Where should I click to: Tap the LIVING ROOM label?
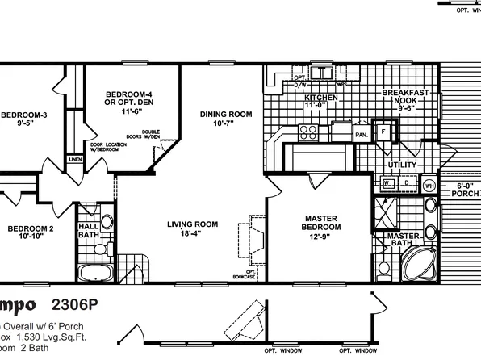point(193,224)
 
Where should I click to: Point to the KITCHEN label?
point(320,97)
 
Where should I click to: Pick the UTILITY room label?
point(401,165)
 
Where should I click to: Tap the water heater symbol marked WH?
point(429,185)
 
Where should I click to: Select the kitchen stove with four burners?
point(307,131)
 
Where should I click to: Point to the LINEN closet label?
point(75,160)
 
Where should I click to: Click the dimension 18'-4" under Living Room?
point(193,234)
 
